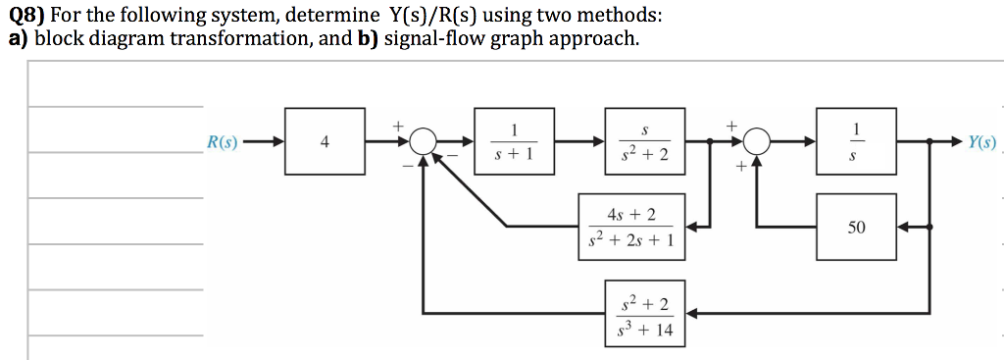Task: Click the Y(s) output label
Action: pos(980,142)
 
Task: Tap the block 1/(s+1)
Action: pos(514,142)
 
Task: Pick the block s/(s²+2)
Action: pos(644,142)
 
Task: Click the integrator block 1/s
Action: pos(856,142)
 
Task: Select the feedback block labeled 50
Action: pos(856,227)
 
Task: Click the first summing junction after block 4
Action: pos(424,142)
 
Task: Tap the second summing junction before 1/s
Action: pos(756,142)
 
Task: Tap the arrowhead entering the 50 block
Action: pos(904,227)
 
